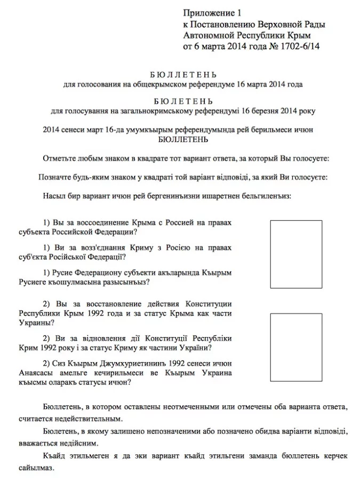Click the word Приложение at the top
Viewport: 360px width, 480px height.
209,13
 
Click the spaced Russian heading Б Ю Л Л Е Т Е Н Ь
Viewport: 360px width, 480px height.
182,75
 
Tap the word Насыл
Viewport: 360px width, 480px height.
54,196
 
